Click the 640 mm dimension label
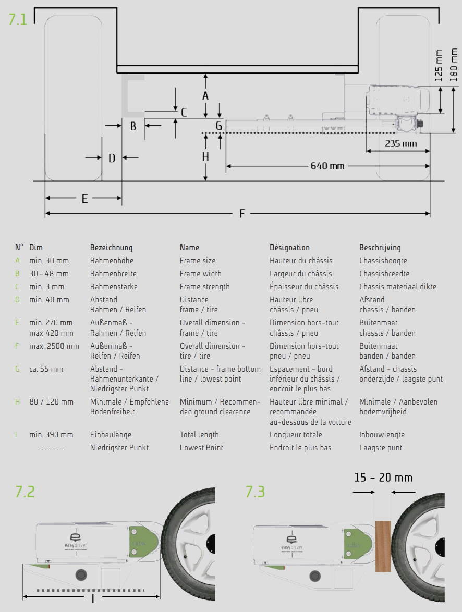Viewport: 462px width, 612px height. (x=327, y=166)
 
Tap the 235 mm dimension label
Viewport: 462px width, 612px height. (x=401, y=143)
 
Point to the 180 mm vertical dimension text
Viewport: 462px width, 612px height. (x=454, y=65)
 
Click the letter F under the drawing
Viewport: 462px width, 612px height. (x=241, y=213)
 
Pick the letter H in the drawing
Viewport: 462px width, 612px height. (x=205, y=156)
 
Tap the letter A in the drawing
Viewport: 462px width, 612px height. (x=205, y=96)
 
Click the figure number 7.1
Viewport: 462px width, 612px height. (x=17, y=19)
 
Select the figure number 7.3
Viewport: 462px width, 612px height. (x=256, y=492)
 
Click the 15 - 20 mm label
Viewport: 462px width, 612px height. (x=383, y=478)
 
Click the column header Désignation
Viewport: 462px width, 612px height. (x=289, y=248)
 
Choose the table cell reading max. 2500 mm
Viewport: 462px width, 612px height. (x=54, y=346)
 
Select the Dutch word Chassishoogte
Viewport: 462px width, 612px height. (x=383, y=261)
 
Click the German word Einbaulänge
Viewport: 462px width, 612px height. (x=111, y=435)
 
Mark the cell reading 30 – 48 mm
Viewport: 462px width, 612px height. (x=49, y=274)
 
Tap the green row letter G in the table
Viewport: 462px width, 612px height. (x=17, y=369)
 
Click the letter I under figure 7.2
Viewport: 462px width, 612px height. (x=92, y=598)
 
